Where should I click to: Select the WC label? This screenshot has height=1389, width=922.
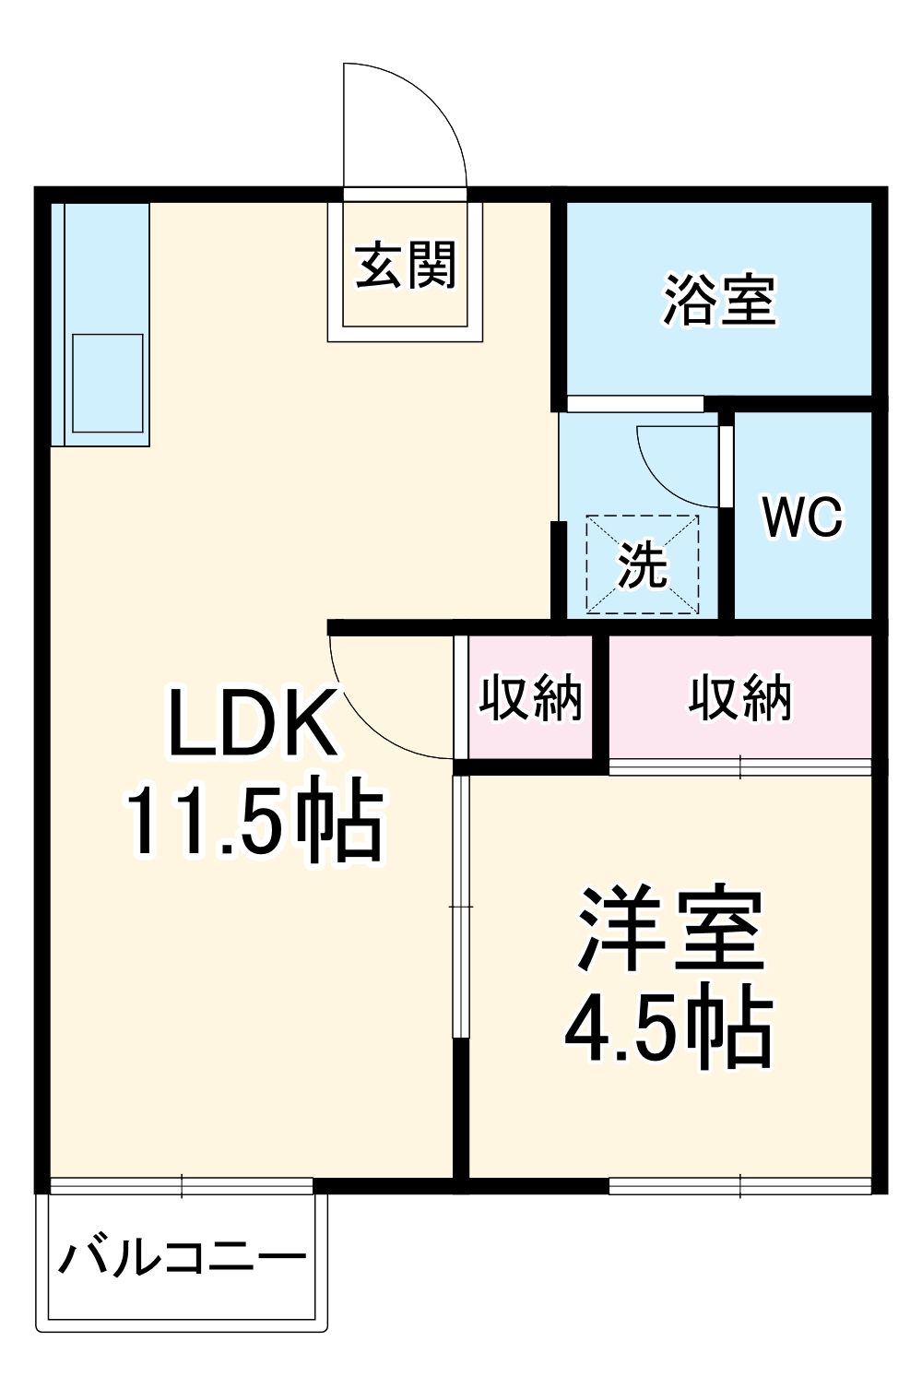point(801,517)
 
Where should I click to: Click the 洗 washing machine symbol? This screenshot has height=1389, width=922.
point(643,564)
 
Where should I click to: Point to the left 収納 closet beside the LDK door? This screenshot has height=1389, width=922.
point(530,697)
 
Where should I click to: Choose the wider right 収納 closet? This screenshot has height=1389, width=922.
point(739,697)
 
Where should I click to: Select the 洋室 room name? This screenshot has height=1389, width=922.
point(669,930)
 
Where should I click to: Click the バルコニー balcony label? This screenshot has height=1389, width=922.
point(183,1258)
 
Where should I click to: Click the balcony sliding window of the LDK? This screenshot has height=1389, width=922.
point(182,1185)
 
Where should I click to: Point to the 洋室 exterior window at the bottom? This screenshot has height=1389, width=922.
point(740,1185)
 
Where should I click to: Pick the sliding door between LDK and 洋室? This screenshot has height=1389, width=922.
point(461,908)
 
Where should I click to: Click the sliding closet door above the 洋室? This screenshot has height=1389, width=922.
point(740,766)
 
